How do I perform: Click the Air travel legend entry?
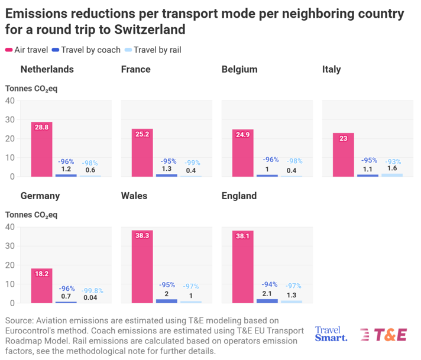click(27, 50)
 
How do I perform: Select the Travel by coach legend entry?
click(86, 50)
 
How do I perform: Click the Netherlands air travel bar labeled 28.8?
click(41, 149)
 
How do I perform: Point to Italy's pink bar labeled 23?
click(344, 155)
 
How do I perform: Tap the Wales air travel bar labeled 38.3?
click(143, 267)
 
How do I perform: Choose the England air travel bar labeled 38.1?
click(242, 267)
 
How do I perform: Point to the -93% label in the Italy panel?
click(393, 161)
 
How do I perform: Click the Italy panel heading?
click(331, 69)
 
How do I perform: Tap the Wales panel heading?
click(134, 196)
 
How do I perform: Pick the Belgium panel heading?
click(239, 69)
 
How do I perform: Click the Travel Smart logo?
click(331, 334)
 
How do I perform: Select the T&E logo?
click(384, 335)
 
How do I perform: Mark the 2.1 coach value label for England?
click(267, 294)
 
